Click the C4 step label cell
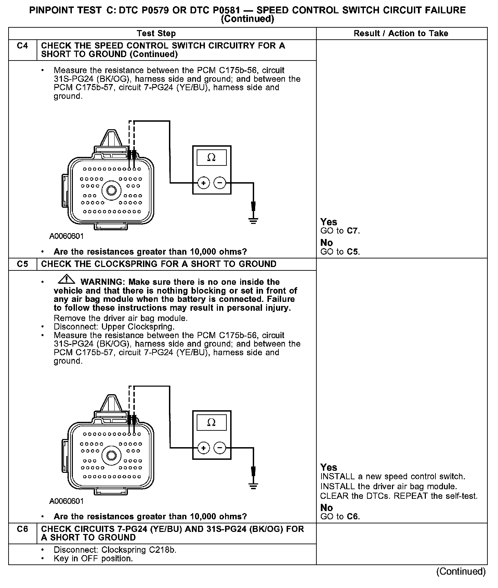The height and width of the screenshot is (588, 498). click(x=22, y=46)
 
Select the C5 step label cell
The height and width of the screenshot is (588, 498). click(x=22, y=264)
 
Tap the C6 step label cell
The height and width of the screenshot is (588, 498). click(x=22, y=529)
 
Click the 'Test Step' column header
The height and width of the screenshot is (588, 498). click(x=156, y=34)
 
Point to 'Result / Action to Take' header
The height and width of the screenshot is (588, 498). click(x=401, y=34)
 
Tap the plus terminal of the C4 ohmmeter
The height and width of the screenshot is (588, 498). click(x=204, y=183)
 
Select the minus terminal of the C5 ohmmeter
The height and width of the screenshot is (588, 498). click(x=220, y=448)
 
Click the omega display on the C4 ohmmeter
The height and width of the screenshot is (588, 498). click(x=212, y=158)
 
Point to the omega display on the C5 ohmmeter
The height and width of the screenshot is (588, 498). click(x=212, y=423)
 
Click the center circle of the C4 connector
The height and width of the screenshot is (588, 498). click(x=112, y=190)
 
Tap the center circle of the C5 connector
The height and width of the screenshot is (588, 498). click(x=112, y=455)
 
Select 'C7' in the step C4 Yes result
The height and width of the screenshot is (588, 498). click(x=352, y=231)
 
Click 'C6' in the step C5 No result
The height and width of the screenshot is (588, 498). click(x=352, y=517)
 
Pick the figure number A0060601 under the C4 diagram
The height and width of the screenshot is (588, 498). click(x=66, y=236)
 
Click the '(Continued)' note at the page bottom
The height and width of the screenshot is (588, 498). click(x=461, y=571)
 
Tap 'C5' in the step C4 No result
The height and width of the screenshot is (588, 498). click(x=352, y=252)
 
